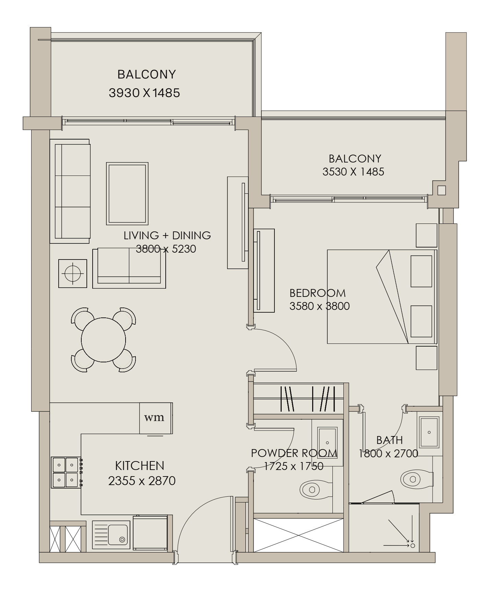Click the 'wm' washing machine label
pyautogui.click(x=154, y=418)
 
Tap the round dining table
pyautogui.click(x=103, y=340)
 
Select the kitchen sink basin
pyautogui.click(x=118, y=534)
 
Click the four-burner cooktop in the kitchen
pyautogui.click(x=66, y=472)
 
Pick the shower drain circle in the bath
pyautogui.click(x=413, y=545)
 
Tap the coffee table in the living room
pyautogui.click(x=127, y=194)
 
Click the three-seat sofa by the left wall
pyautogui.click(x=70, y=191)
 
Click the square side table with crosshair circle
pyautogui.click(x=72, y=274)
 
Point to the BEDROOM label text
pyautogui.click(x=318, y=293)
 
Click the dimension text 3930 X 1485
pyautogui.click(x=144, y=93)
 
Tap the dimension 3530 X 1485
pyautogui.click(x=353, y=172)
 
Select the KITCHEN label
pyautogui.click(x=140, y=466)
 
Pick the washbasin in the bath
pyautogui.click(x=429, y=433)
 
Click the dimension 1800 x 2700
pyautogui.click(x=388, y=454)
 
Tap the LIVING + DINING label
pyautogui.click(x=167, y=235)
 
